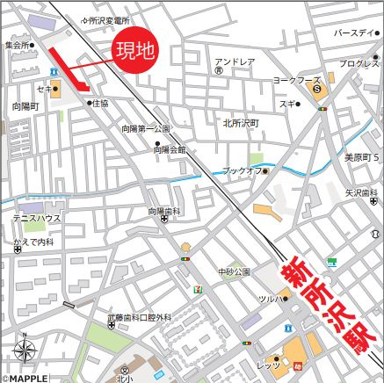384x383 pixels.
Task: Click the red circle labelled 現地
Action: (136, 51)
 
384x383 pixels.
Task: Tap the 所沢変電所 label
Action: (110, 19)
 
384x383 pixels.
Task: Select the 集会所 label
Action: (17, 44)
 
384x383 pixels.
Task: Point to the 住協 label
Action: (102, 103)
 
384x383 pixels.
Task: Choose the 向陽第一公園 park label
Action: (146, 128)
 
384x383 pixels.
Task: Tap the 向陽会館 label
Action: (169, 150)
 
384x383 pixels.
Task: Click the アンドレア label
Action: (235, 61)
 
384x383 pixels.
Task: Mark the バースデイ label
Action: (354, 32)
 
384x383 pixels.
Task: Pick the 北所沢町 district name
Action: (241, 123)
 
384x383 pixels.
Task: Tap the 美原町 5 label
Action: (360, 157)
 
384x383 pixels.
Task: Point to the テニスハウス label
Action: (36, 216)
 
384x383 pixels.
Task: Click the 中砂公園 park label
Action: (235, 271)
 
